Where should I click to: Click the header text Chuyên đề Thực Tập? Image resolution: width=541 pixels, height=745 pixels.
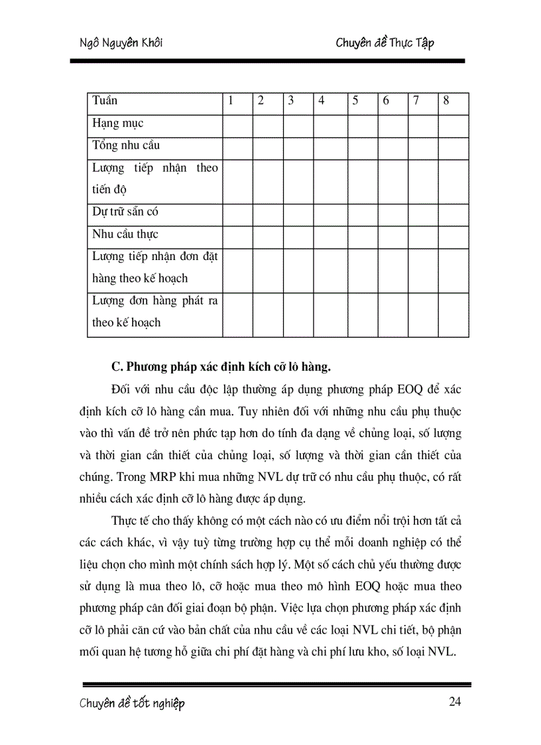tap(385, 44)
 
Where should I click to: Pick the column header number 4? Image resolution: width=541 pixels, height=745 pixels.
tap(321, 101)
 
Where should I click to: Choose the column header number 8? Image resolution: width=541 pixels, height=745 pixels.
tap(446, 101)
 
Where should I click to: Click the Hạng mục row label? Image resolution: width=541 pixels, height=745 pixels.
tap(117, 123)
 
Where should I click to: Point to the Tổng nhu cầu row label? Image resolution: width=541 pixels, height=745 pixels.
tap(125, 145)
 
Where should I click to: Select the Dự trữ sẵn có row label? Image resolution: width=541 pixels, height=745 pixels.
tap(125, 212)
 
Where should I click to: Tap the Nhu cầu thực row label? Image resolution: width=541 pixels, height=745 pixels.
tap(125, 234)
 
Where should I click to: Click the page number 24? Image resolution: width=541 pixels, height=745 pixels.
tap(454, 703)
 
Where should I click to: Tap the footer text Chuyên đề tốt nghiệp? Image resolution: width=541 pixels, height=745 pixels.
tap(132, 703)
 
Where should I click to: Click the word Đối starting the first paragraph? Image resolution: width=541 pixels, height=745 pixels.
tap(122, 389)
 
